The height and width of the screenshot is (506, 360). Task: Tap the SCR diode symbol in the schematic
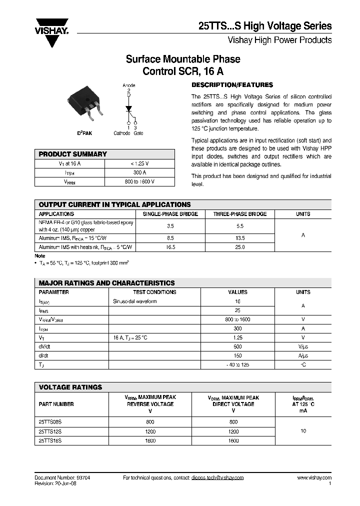(x=128, y=108)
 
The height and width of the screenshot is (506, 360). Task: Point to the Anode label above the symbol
(x=129, y=85)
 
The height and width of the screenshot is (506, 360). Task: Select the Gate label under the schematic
(x=138, y=133)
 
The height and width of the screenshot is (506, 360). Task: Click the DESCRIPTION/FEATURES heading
(x=232, y=85)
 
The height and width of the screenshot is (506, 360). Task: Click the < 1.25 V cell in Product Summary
(x=139, y=163)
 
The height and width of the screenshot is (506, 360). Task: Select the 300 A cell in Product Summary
(x=139, y=172)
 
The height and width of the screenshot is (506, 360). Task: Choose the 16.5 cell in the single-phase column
(x=170, y=247)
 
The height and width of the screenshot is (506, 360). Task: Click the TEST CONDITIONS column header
(x=154, y=292)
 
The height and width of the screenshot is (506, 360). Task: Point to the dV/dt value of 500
(x=237, y=346)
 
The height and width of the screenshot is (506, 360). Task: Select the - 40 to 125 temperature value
(x=237, y=365)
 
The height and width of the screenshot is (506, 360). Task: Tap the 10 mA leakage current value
(x=303, y=430)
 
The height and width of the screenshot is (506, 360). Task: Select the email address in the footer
(x=217, y=478)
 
